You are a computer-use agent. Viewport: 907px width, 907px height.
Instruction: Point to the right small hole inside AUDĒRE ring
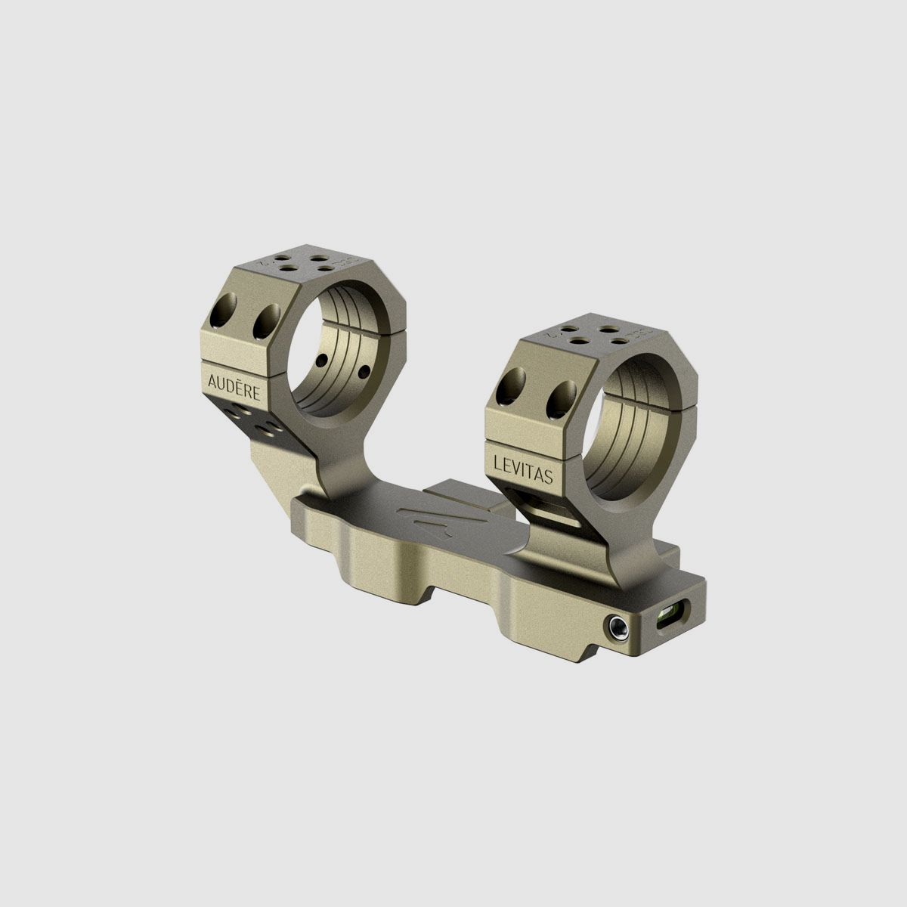point(364,369)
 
